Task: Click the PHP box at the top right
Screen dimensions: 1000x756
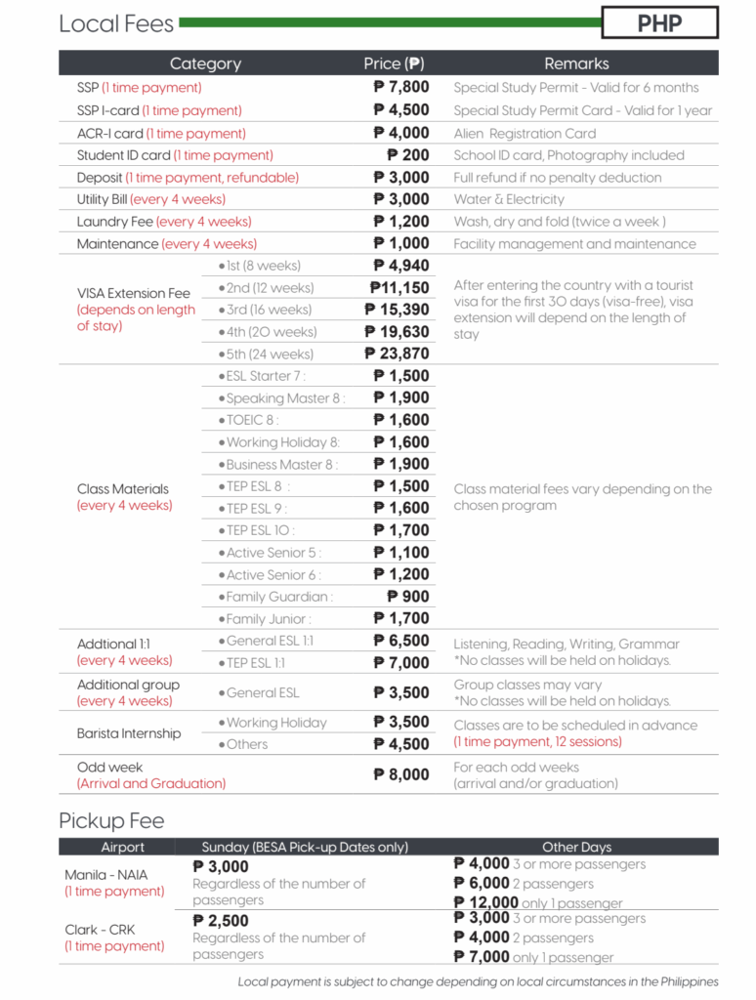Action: point(659,22)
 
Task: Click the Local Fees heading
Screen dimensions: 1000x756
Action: point(116,24)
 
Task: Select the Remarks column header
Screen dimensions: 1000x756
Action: point(576,63)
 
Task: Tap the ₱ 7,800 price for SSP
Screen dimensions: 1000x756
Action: point(401,88)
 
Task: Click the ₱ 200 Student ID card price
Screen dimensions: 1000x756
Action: point(408,155)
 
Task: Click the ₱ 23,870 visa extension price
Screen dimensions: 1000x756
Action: point(398,354)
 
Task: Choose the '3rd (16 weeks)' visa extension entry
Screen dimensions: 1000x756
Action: point(265,310)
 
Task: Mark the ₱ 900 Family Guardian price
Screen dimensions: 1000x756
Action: point(408,597)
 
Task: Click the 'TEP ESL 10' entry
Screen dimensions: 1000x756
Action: point(259,530)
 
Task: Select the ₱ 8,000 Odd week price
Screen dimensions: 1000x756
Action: point(401,774)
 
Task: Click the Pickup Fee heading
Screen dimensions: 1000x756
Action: point(111,820)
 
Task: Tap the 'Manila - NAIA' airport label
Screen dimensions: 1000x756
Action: point(106,875)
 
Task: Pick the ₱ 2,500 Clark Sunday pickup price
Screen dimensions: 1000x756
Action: point(222,921)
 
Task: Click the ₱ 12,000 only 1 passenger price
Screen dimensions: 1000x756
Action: point(486,902)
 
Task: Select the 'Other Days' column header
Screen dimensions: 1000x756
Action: point(576,847)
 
